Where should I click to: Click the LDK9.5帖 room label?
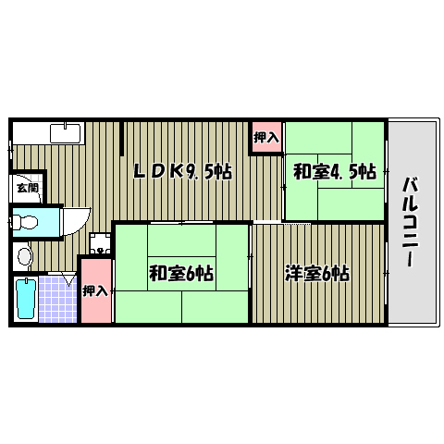182,170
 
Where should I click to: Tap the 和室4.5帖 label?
335,171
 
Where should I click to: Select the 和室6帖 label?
181,273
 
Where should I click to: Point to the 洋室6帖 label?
317,273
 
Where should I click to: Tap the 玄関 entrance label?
27,188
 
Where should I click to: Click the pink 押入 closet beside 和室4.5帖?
266,137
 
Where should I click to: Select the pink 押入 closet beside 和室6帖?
95,290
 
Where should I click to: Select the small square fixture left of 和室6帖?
99,244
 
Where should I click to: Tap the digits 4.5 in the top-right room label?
347,171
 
